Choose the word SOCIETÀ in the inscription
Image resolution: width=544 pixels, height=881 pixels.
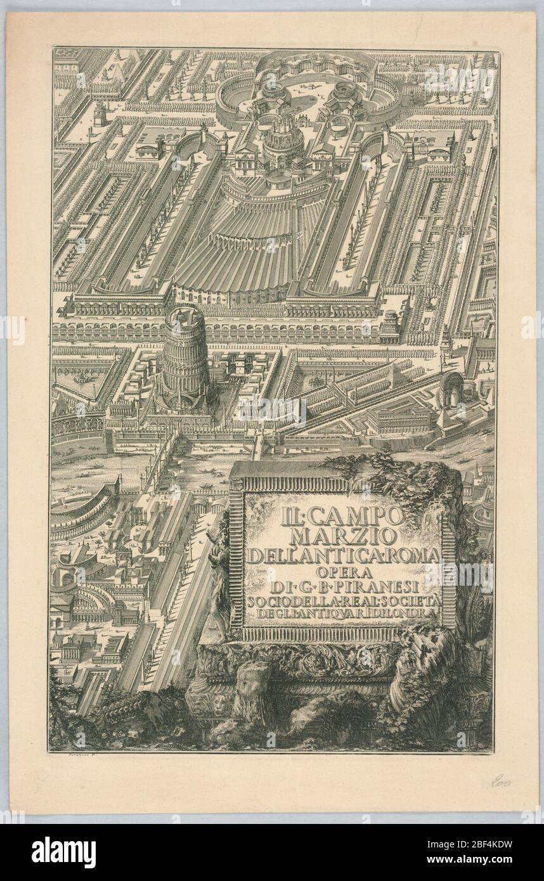click(413, 600)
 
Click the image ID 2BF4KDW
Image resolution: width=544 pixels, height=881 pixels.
click(493, 846)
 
